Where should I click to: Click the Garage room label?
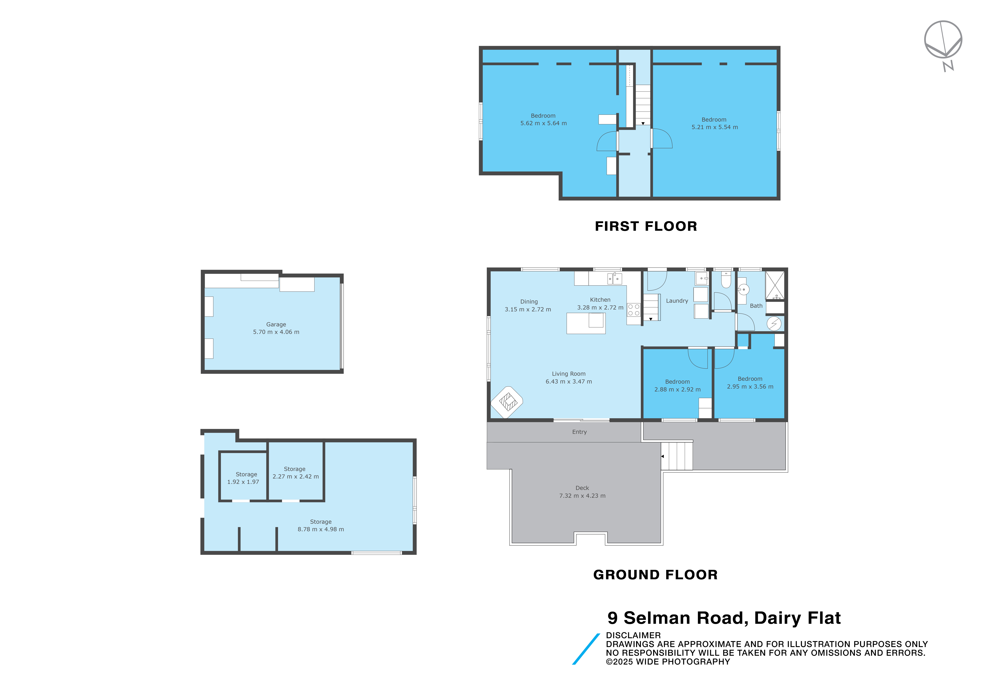276,324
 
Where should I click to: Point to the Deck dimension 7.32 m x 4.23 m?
582,496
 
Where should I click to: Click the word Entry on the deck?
579,432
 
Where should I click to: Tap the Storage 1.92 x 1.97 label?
243,478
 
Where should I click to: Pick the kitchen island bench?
586,323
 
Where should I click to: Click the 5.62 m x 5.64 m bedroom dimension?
544,123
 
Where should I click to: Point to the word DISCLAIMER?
633,635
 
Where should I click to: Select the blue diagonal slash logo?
586,649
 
